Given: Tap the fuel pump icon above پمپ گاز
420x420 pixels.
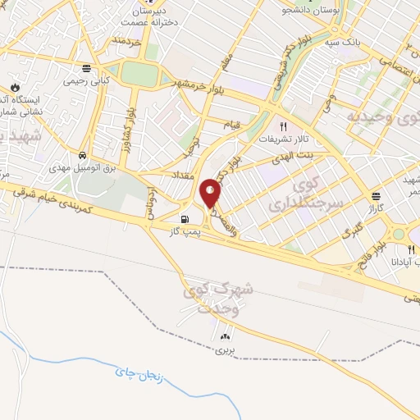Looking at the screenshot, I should [x=185, y=219].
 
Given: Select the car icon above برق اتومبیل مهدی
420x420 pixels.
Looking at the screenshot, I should [x=83, y=155].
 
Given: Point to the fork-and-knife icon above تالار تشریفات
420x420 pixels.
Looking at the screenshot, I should [x=284, y=126].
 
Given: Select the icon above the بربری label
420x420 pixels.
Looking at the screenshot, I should [x=225, y=336].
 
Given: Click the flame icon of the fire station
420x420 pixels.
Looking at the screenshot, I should [x=13, y=85].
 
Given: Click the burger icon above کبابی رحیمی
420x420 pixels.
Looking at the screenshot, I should [x=87, y=67].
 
